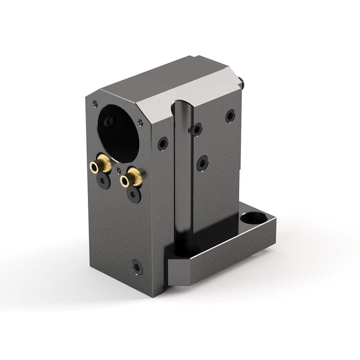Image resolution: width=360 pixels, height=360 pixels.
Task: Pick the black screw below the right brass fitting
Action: coord(134,195)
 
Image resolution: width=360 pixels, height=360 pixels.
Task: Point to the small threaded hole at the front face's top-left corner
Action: coord(95,103)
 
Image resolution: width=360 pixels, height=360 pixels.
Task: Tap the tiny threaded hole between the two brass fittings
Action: coord(118,170)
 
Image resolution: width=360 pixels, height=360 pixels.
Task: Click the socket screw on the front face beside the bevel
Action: coord(163,144)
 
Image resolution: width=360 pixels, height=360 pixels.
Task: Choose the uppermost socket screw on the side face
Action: coord(230,116)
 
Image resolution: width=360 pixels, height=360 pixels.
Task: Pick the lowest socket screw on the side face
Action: coord(202,163)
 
